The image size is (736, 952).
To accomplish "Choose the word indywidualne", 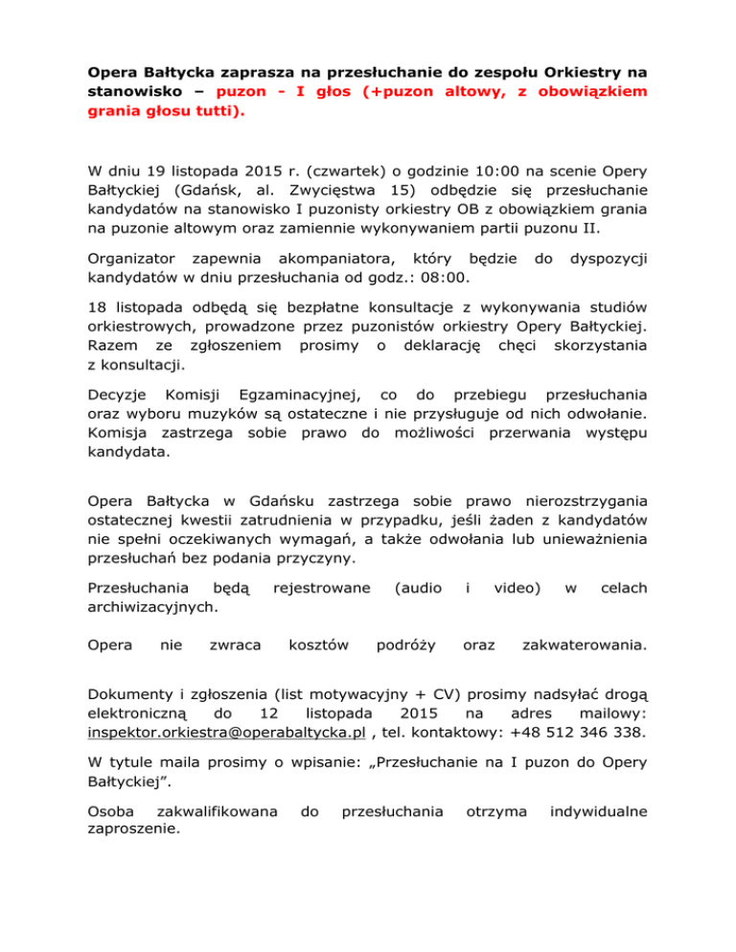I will click(x=597, y=811).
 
